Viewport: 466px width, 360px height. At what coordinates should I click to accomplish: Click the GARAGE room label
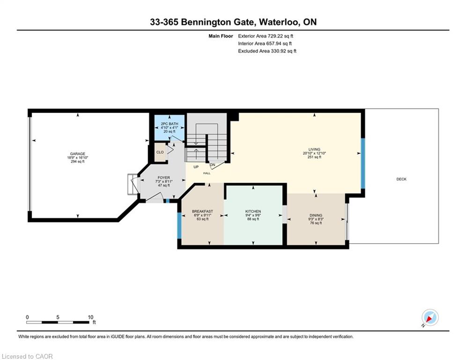coord(78,154)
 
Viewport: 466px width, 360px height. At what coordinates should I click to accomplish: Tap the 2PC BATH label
coord(170,124)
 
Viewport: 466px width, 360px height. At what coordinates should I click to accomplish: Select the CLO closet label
coord(160,152)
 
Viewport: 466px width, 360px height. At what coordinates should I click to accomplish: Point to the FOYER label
coord(164,178)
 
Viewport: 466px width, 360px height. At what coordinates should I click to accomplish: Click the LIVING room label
coord(314,150)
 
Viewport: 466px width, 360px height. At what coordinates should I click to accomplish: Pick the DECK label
coord(401,179)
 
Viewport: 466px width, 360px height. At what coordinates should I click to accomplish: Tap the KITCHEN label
coord(253,211)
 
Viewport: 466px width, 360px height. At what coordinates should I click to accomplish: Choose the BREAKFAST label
coord(202,211)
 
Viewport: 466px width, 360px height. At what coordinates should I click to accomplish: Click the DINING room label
coord(316,216)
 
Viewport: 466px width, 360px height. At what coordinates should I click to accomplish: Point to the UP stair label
coord(196,167)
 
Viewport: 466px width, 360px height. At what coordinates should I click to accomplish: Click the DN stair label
coord(213,165)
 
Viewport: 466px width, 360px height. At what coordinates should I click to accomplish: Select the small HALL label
coord(207,173)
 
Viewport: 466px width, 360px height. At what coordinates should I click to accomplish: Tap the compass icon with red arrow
coord(430,318)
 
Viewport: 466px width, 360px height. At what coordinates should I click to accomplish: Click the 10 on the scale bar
coord(91,317)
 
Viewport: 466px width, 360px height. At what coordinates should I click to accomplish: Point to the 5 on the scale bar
coord(58,317)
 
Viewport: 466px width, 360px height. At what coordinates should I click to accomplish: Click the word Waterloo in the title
coord(279,22)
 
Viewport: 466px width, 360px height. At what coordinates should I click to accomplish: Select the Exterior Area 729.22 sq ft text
coord(266,36)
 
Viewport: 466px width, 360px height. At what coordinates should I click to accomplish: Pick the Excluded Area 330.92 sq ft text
coord(267,51)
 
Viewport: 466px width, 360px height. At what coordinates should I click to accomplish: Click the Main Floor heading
coord(221,36)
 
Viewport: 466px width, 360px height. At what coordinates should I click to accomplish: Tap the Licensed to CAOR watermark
coord(27,356)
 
